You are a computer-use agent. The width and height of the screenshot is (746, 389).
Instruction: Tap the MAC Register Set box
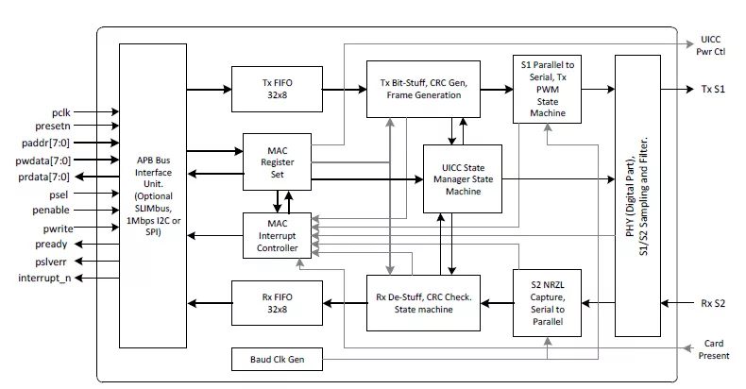[276, 161]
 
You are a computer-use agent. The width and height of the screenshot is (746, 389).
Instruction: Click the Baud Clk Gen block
[276, 360]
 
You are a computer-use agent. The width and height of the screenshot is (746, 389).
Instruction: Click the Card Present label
[713, 350]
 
